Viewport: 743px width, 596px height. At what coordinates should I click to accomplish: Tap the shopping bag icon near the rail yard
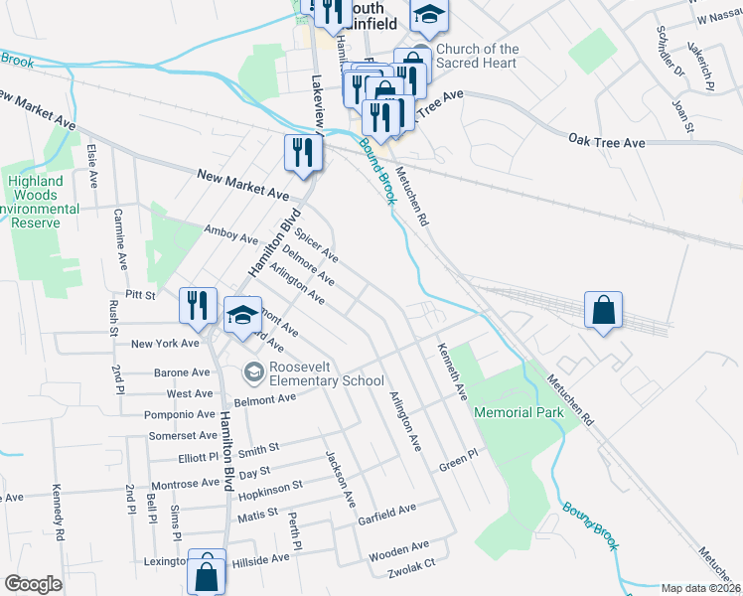tap(603, 312)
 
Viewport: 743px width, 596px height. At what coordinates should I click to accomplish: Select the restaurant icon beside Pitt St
tap(197, 306)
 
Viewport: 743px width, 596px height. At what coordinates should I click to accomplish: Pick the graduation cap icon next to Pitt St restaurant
tap(241, 317)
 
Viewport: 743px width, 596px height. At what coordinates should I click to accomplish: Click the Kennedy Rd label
tap(60, 513)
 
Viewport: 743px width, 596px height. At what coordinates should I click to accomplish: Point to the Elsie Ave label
tap(93, 166)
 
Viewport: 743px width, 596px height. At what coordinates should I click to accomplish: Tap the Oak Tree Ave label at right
tap(607, 143)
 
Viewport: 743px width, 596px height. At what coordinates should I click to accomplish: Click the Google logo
tap(33, 584)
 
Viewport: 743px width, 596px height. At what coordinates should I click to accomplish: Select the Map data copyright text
tap(700, 588)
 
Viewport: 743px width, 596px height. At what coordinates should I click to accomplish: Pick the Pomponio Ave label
tap(179, 414)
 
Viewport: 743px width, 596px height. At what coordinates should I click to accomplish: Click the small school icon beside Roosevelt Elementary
tap(253, 372)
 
